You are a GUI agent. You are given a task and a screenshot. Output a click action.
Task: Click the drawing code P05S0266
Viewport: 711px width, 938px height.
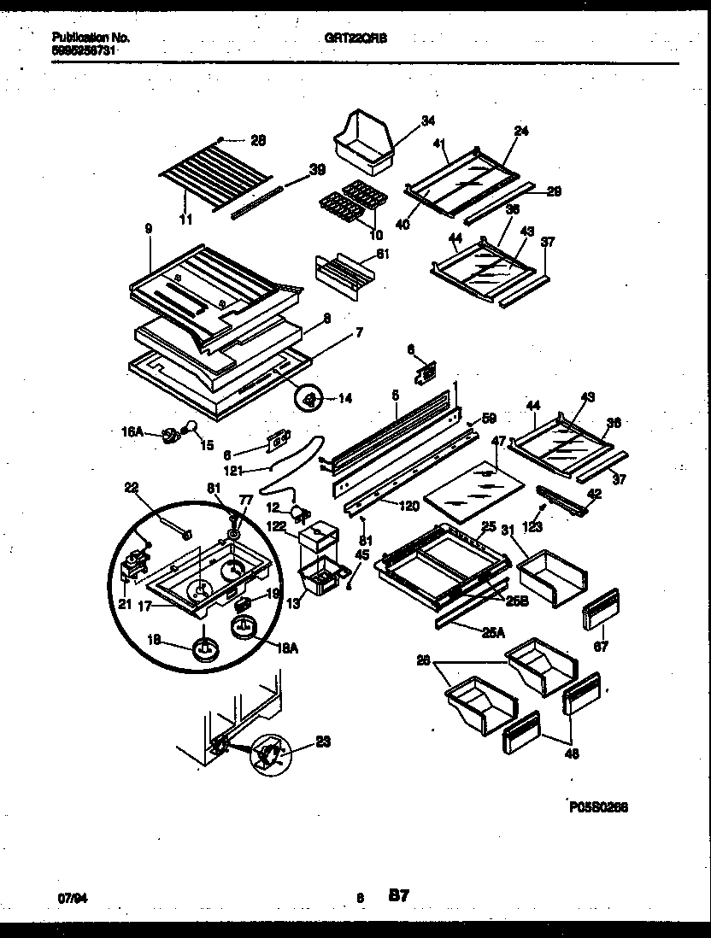click(598, 806)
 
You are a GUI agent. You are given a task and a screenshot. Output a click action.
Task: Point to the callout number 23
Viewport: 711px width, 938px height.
click(322, 742)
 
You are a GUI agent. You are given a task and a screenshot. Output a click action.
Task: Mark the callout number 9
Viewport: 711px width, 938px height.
click(149, 229)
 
